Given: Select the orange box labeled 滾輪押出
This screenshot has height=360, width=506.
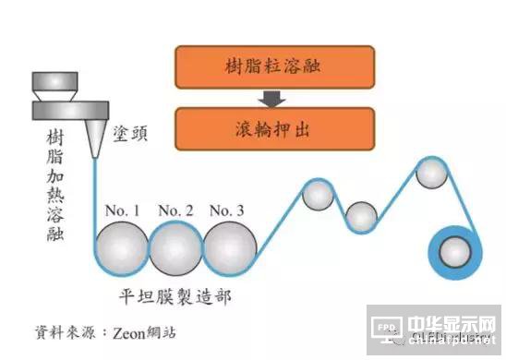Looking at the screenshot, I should [273, 128].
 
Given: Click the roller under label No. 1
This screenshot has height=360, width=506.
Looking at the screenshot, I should [123, 246].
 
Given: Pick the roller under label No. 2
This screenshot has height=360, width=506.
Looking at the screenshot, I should [175, 246].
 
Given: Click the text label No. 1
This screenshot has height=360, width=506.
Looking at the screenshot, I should [122, 210].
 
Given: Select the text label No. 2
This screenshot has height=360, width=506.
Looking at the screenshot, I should [175, 210].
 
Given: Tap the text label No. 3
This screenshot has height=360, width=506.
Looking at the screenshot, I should [226, 210].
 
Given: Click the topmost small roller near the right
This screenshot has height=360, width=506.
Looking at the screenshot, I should [431, 171].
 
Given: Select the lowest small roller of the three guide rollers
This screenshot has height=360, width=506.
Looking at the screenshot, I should [362, 218].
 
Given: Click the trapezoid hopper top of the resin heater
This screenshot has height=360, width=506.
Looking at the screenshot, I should [54, 84].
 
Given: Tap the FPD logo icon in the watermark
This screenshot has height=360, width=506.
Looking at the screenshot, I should [387, 326].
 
